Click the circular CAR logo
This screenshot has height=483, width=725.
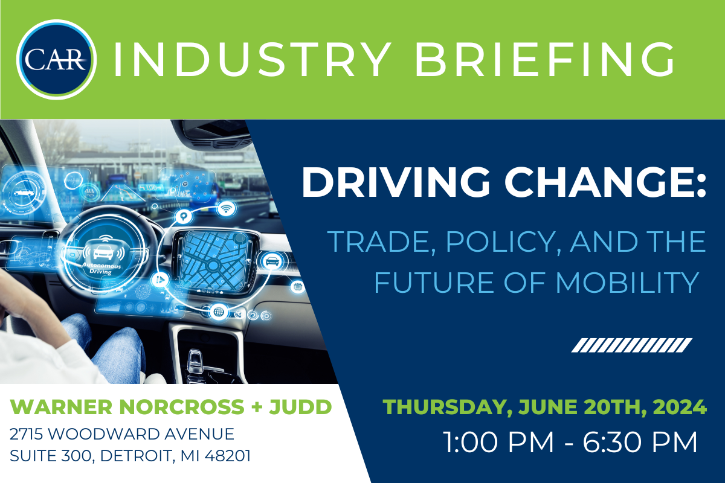coord(56,60)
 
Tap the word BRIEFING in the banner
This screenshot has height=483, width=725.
coord(544,60)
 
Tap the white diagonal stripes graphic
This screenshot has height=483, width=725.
coord(631,345)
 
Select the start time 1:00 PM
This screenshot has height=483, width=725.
coord(498,442)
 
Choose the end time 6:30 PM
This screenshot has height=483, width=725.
coord(640,442)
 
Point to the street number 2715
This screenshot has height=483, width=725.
coord(26,434)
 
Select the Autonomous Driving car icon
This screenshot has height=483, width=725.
coord(103,251)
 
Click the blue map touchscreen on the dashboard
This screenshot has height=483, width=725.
coord(214,260)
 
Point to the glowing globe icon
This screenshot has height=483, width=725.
coord(219,312)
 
